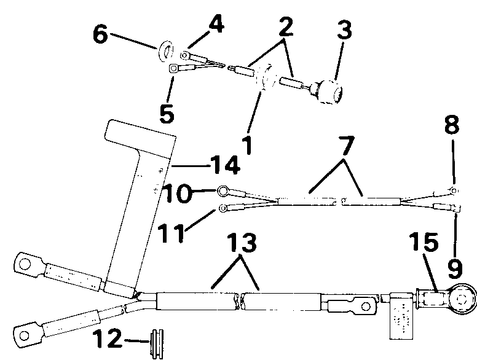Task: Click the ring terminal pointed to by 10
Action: coord(223,190)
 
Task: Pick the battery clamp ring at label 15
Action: coord(459,299)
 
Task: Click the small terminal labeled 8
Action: coord(453,191)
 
